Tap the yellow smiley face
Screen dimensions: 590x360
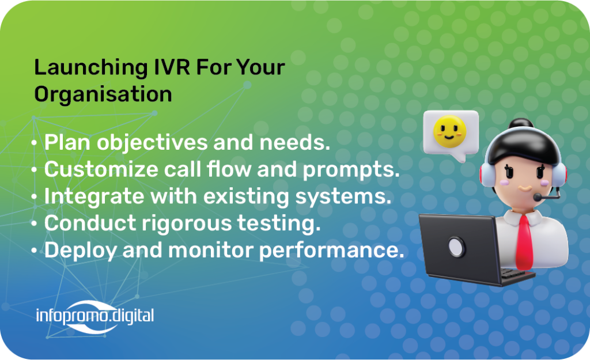449,131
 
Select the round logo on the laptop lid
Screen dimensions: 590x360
457,247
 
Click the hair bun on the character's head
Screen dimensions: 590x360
521,124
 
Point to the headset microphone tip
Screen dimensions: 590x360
538,197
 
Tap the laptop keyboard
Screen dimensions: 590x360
516,274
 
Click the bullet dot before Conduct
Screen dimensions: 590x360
34,224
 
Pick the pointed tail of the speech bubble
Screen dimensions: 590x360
460,158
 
